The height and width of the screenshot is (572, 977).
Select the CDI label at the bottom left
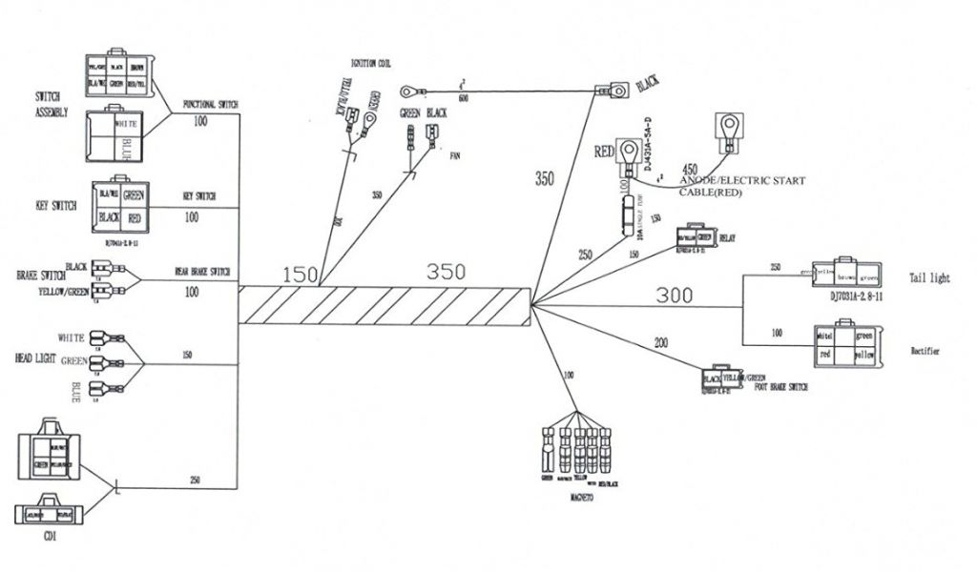50,537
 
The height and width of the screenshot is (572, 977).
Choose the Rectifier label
925,352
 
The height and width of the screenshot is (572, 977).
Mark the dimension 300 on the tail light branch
675,296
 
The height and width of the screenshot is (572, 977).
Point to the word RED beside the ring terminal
604,151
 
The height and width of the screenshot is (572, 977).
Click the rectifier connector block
846,345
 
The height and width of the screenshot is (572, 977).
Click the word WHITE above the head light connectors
72,337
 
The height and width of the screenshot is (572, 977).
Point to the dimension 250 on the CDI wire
195,479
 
